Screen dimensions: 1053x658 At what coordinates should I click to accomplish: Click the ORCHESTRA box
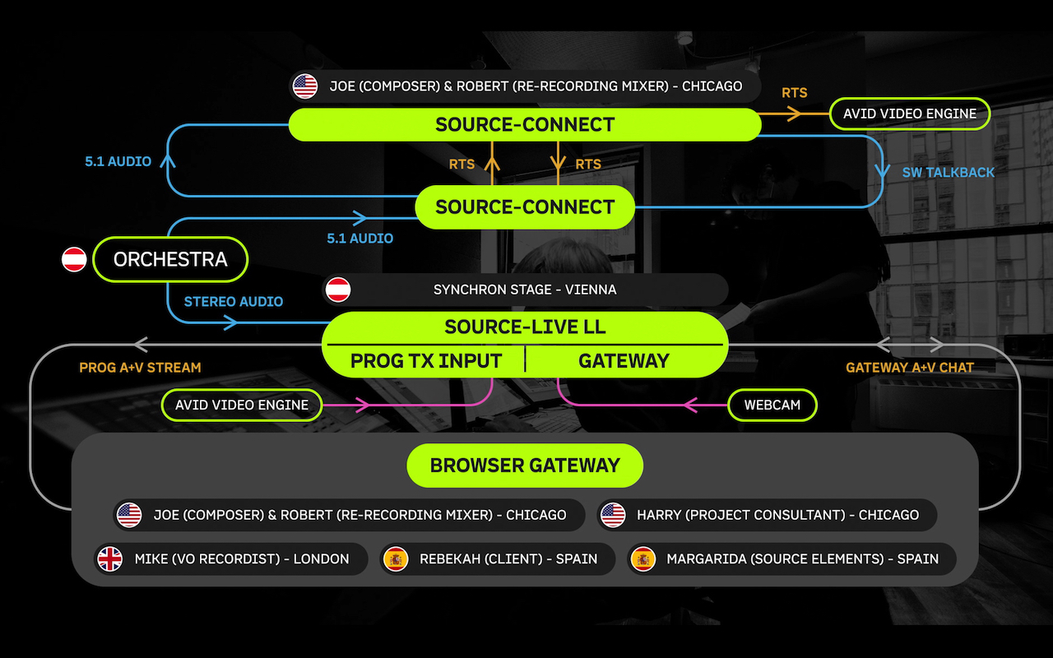170,259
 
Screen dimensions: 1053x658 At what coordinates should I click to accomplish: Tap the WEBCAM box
772,405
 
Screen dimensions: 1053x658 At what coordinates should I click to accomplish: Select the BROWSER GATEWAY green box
525,466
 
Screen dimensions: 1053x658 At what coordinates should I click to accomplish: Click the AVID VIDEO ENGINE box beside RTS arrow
910,114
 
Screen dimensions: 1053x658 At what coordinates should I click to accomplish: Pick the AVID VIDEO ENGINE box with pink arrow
242,405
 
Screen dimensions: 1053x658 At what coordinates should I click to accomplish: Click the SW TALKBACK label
949,173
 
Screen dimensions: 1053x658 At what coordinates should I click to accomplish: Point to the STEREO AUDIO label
233,301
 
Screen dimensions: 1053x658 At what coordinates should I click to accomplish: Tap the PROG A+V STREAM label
140,367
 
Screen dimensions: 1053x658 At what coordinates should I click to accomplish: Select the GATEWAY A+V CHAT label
910,367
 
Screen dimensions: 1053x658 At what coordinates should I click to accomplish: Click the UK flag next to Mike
109,558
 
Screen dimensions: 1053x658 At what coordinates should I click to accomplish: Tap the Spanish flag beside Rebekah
396,558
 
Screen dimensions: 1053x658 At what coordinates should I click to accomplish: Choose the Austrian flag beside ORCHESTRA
74,259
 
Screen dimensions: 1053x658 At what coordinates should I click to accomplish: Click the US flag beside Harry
613,515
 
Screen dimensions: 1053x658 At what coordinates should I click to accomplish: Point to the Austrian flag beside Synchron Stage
338,290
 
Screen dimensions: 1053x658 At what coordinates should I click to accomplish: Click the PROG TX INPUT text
426,361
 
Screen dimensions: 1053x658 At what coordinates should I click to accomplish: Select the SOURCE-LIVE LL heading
525,327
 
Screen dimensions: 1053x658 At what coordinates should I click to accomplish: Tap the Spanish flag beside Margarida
643,558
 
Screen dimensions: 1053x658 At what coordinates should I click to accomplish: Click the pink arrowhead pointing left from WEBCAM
690,405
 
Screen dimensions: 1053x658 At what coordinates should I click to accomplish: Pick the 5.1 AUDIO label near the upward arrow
118,162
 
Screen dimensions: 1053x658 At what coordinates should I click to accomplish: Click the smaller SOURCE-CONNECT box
525,207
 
